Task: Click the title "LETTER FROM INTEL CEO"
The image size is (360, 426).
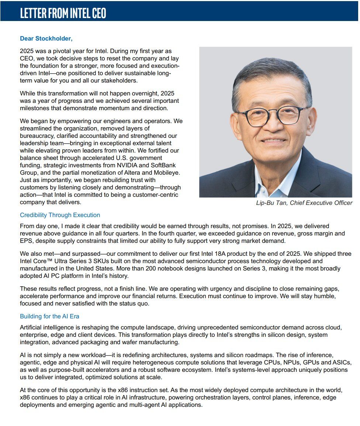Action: tap(63, 13)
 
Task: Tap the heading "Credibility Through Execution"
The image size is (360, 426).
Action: tap(60, 215)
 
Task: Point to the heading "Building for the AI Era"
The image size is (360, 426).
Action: tap(49, 316)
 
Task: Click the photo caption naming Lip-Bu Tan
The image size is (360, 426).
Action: tap(304, 203)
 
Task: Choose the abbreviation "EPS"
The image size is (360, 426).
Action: tap(25, 241)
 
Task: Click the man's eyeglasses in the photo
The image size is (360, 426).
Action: tap(273, 115)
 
